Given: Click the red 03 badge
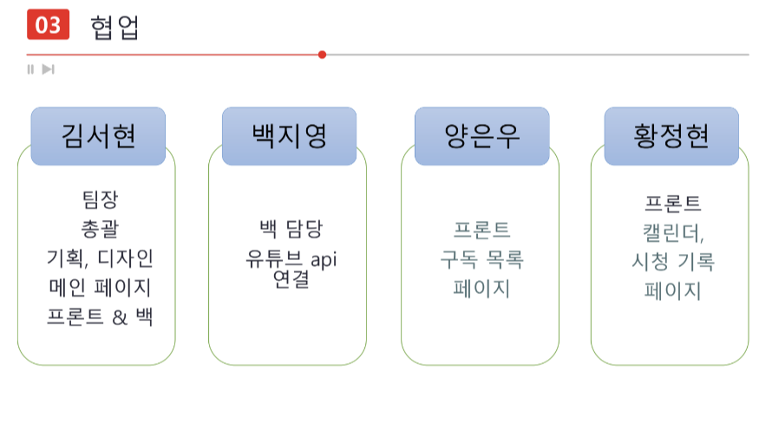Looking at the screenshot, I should (x=48, y=25).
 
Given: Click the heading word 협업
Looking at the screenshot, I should (x=114, y=27).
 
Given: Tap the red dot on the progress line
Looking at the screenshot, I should (x=322, y=55).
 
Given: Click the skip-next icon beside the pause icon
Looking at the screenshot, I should (x=49, y=69).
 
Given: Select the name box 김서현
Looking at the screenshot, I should (x=98, y=136).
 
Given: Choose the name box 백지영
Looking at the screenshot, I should (x=289, y=136).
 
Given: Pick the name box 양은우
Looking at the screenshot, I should (x=481, y=136).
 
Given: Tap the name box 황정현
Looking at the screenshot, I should (x=671, y=136).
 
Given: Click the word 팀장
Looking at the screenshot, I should (x=99, y=200).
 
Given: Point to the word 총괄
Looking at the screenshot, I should (x=99, y=229).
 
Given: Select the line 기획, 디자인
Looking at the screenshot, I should (x=99, y=258).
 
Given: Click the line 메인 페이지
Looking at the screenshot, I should (x=99, y=287).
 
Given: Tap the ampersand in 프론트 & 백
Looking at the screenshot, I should (x=119, y=316).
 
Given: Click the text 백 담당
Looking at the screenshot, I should (x=290, y=230).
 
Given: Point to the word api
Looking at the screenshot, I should (x=324, y=259).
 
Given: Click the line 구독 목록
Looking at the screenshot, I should (x=481, y=259).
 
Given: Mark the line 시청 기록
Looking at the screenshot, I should (x=672, y=263).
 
